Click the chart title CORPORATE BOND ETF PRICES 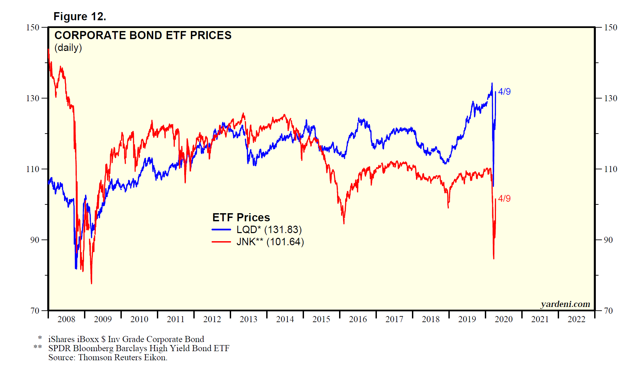coord(143,35)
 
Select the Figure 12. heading coord(80,17)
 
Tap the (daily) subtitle coord(68,48)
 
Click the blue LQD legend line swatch coord(221,230)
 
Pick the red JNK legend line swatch coord(221,242)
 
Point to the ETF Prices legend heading coord(241,217)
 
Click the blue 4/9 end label coord(504,91)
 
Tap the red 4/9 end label coord(504,198)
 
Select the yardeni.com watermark coord(565,304)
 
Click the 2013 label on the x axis coord(248,319)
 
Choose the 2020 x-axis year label coord(503,319)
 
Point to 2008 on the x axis coord(66,319)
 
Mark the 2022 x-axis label coord(576,319)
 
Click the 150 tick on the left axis coord(33,27)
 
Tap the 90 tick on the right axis coord(608,240)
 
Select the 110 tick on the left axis coord(33,169)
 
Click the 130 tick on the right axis coord(610,98)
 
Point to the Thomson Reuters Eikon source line coord(108,358)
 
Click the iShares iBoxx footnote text coord(126,339)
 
